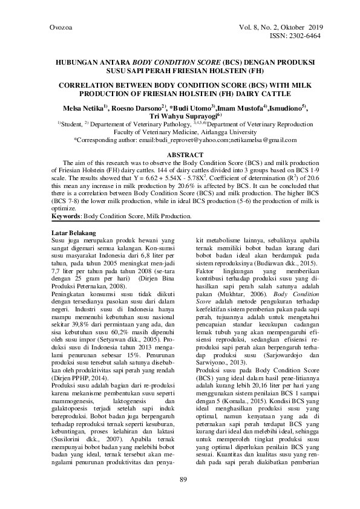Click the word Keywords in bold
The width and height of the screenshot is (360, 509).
click(64, 216)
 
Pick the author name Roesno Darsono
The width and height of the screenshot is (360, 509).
click(140, 108)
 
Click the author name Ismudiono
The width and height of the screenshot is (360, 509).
click(288, 108)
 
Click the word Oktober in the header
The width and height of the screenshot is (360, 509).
click(290, 28)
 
